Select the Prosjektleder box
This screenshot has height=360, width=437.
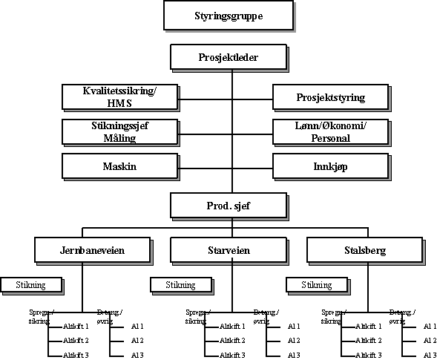click(x=217, y=56)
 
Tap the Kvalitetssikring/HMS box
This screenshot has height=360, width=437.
click(x=120, y=96)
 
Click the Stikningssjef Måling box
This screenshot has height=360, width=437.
click(x=120, y=131)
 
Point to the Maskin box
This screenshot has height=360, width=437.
click(x=120, y=167)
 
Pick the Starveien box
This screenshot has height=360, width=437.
click(x=217, y=251)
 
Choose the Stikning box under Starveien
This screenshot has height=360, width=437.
click(x=180, y=284)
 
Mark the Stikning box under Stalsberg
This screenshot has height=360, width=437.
click(x=316, y=284)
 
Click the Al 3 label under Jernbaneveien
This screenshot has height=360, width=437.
click(x=138, y=356)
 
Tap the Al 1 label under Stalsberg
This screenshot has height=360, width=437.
click(x=429, y=326)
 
